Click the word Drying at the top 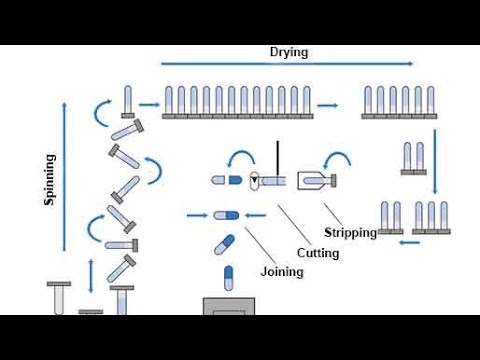coord(289,52)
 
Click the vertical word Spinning coord(49,179)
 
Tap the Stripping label coord(350,233)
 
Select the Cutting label coord(317,253)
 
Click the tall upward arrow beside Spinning coord(67,170)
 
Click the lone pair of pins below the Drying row coord(412,159)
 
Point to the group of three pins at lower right coord(432,217)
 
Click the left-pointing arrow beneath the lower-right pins coord(409,241)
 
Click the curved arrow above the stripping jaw coord(339,158)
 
